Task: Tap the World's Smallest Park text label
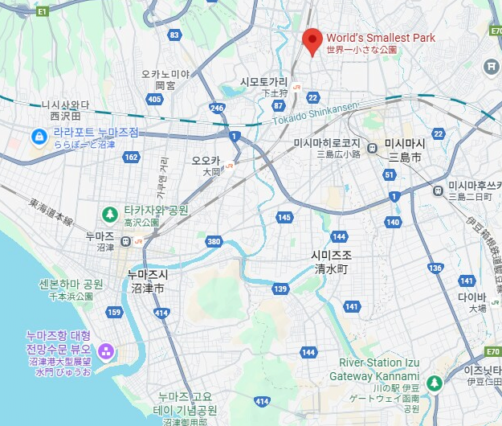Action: point(380,38)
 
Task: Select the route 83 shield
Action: point(175,35)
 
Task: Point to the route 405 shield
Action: point(155,99)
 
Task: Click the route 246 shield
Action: point(216,107)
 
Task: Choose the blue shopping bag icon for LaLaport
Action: point(38,137)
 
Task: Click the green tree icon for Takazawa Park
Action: point(110,213)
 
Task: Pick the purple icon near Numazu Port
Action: point(105,352)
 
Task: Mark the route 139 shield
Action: point(280,289)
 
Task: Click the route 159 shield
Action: point(114,312)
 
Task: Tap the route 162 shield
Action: point(131,157)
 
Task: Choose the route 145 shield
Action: point(284,217)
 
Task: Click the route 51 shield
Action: point(390,174)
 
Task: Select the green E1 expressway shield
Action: point(42,10)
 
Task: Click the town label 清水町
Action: point(330,269)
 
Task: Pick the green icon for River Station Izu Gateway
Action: point(435,383)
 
